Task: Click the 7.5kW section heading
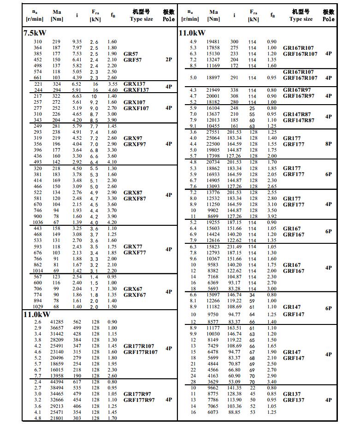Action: [35, 33]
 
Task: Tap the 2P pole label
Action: [169, 59]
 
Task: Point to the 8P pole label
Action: [328, 144]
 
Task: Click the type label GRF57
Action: [133, 60]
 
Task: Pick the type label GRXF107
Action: [136, 108]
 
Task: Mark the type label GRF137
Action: [294, 400]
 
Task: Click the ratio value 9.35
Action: [77, 42]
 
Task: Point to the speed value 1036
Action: [38, 222]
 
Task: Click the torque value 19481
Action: [213, 42]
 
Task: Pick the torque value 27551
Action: [213, 132]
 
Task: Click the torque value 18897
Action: [213, 78]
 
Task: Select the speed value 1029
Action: [38, 306]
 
